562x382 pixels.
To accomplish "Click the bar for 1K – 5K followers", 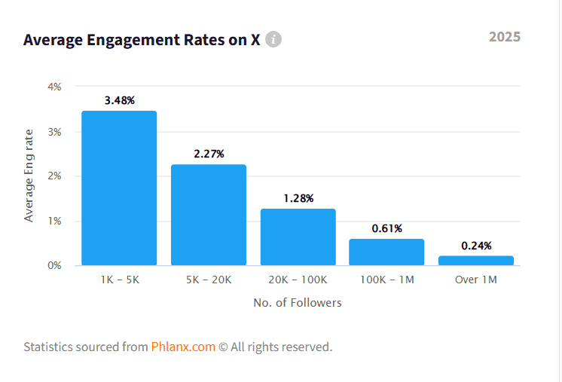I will [119, 188].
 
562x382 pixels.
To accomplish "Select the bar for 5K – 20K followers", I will [209, 215].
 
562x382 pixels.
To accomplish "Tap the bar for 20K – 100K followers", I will [298, 237].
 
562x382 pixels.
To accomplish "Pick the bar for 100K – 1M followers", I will [386, 252].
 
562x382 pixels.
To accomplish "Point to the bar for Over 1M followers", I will [476, 260].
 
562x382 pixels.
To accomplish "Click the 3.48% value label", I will [119, 100].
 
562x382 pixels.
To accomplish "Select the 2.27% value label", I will [209, 154].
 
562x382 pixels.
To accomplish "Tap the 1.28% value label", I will [298, 198].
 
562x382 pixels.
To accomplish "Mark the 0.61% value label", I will [386, 228].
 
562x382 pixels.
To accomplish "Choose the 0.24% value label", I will [476, 246].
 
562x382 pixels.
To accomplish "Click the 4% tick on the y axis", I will [54, 87].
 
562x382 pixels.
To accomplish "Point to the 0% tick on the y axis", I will [54, 265].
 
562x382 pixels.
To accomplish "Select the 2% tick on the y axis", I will [54, 176].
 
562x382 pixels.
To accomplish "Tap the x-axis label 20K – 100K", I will [298, 280].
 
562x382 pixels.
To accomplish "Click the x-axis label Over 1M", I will [476, 280].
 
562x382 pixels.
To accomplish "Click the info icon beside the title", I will [273, 39].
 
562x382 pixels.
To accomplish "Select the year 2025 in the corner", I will [504, 37].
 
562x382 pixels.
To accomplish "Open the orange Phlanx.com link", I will [183, 347].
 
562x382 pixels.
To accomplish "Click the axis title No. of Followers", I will [298, 303].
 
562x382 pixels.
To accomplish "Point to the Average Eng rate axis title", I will [29, 176].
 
